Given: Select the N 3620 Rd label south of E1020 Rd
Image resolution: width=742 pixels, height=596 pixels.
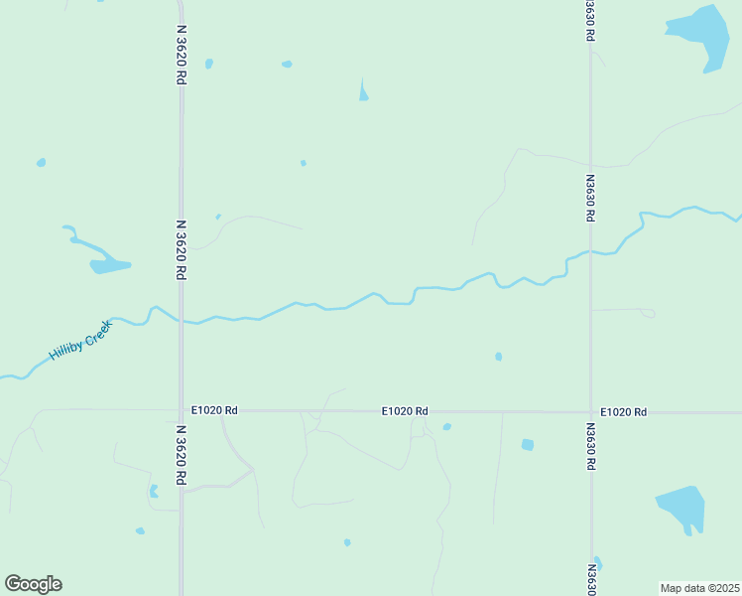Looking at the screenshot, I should [182, 455].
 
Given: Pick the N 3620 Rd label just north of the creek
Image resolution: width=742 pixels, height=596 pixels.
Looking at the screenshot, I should [182, 249].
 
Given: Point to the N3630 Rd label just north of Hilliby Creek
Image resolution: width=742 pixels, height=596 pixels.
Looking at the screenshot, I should [589, 198].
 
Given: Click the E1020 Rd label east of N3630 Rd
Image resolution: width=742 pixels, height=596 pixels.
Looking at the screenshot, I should [623, 411].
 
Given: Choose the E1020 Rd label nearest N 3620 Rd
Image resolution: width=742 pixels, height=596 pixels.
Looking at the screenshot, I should [214, 410].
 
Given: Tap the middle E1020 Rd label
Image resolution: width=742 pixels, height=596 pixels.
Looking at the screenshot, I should [406, 410].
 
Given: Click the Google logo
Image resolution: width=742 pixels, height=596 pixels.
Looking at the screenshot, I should [33, 584].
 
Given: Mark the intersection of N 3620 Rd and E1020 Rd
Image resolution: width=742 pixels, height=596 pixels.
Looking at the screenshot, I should [181, 409].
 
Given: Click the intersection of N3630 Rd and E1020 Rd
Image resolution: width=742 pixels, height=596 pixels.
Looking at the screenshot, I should [591, 411].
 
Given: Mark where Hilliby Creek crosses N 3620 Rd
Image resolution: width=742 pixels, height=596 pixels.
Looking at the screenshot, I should [181, 320].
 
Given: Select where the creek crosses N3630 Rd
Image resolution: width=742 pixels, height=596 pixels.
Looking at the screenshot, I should [591, 252].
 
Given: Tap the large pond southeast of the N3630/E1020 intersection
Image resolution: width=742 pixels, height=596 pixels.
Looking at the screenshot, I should [682, 508].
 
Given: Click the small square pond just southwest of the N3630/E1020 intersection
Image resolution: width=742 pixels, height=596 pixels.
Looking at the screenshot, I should [528, 444].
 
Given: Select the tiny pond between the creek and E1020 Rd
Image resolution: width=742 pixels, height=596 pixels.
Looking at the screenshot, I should [498, 357].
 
